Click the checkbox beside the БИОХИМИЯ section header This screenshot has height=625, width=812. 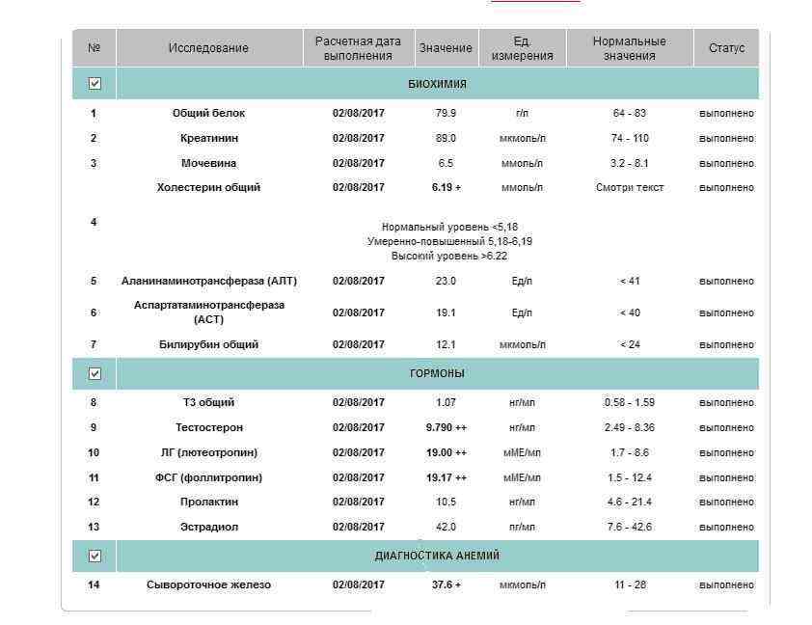pyautogui.click(x=95, y=84)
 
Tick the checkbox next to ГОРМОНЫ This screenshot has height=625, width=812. pyautogui.click(x=95, y=373)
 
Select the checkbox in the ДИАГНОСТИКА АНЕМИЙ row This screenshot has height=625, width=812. pyautogui.click(x=95, y=556)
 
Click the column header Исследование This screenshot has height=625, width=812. pyautogui.click(x=208, y=48)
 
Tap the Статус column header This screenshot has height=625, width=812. pyautogui.click(x=726, y=48)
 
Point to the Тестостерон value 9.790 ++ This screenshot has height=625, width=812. pyautogui.click(x=446, y=427)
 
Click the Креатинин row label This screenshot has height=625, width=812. pyautogui.click(x=208, y=138)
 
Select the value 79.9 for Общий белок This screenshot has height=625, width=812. pyautogui.click(x=446, y=113)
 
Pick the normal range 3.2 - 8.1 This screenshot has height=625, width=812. pyautogui.click(x=629, y=163)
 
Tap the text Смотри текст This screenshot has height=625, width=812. pyautogui.click(x=629, y=187)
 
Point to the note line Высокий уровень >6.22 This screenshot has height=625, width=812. pyautogui.click(x=449, y=257)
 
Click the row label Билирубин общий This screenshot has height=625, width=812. pyautogui.click(x=208, y=344)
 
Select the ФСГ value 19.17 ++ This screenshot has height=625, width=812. pyautogui.click(x=446, y=477)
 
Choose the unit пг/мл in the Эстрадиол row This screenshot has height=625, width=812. pyautogui.click(x=522, y=527)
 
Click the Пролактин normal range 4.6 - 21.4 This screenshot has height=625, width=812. pyautogui.click(x=629, y=502)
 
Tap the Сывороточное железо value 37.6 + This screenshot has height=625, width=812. pyautogui.click(x=446, y=584)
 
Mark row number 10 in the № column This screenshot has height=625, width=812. pyautogui.click(x=94, y=452)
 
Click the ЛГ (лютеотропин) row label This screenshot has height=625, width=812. pyautogui.click(x=208, y=452)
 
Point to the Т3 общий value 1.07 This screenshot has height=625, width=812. pyautogui.click(x=446, y=402)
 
